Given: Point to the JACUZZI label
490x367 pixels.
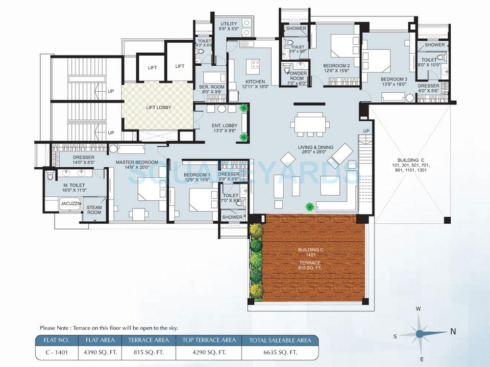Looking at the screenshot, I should pyautogui.click(x=69, y=204).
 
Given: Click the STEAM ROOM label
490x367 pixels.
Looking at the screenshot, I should pyautogui.click(x=94, y=209).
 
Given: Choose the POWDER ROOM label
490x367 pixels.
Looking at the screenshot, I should pyautogui.click(x=297, y=76).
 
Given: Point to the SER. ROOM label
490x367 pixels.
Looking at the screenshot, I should pyautogui.click(x=211, y=90).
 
